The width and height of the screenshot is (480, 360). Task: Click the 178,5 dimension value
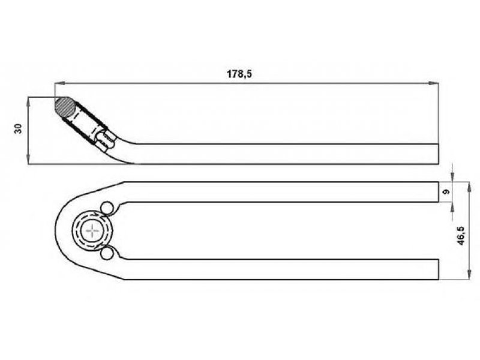[x=239, y=74]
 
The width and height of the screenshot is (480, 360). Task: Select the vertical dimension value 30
[x=19, y=128]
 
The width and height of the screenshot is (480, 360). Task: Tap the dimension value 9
[x=446, y=192]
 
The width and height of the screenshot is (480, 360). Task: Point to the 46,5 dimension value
[x=461, y=236]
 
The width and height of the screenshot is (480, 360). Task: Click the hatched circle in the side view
[x=65, y=107]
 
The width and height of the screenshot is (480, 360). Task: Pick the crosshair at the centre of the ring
[x=92, y=230]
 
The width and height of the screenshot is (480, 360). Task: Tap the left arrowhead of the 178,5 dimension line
[x=59, y=83]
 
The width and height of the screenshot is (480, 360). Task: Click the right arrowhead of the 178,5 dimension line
[x=434, y=83]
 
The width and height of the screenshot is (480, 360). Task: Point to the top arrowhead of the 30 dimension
[x=28, y=102]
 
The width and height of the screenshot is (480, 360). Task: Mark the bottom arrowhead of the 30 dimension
[x=28, y=160]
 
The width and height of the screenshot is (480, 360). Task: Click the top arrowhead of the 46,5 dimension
[x=469, y=187]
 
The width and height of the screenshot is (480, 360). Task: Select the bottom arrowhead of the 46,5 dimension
[x=469, y=275]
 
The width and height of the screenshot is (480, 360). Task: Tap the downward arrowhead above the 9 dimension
[x=452, y=177]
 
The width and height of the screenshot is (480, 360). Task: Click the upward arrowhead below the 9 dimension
[x=452, y=207]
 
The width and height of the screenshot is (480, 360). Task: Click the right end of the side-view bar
[x=439, y=154]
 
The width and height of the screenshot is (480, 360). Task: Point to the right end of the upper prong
[x=439, y=192]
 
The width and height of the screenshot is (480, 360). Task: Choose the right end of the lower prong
[x=439, y=269]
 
